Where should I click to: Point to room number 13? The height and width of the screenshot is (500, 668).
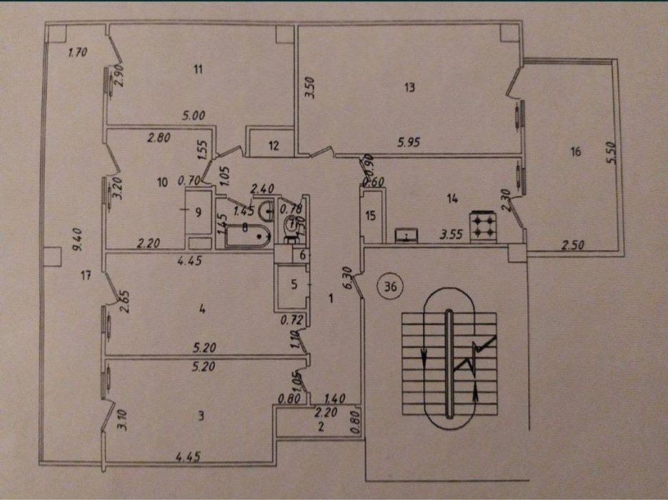pos(409,89)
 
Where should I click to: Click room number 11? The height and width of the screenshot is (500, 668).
pos(199,69)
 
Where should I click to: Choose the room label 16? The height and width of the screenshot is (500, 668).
pos(576,151)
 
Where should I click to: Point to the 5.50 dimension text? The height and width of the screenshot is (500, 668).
pos(609,151)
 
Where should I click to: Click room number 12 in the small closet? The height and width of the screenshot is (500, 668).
pos(275,146)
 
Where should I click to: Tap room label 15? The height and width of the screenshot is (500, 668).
pos(370,216)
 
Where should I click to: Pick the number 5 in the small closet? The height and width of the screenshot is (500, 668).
pos(292,283)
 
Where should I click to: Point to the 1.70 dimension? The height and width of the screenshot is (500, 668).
pos(76,52)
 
